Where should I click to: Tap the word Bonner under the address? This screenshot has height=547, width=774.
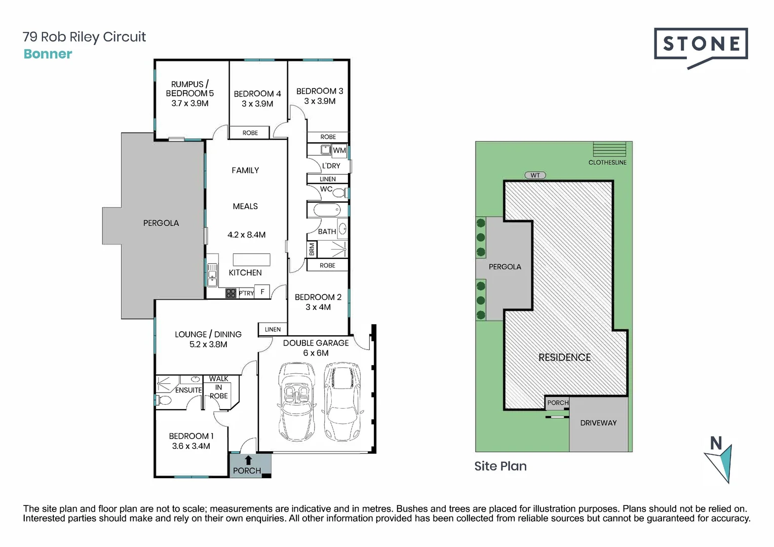(48, 54)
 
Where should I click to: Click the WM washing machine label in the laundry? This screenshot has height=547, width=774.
(339, 150)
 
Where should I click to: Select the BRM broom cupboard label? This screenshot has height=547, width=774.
(312, 249)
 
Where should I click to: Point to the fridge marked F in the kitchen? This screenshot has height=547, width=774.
(262, 292)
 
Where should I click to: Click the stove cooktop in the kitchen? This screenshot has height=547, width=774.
(231, 293)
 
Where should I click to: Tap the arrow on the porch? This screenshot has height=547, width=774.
(248, 460)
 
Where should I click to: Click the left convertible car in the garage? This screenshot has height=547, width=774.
(296, 402)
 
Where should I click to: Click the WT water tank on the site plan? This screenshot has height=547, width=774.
(535, 175)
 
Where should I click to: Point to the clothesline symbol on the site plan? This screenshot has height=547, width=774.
(609, 149)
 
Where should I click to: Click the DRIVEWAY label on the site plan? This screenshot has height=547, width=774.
(598, 423)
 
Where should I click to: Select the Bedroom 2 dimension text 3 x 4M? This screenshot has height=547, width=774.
(318, 307)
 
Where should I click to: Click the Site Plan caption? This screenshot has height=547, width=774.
(500, 466)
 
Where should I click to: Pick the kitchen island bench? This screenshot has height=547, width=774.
(251, 259)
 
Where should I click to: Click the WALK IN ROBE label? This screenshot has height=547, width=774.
(219, 387)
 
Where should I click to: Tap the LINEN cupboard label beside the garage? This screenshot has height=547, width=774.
(273, 329)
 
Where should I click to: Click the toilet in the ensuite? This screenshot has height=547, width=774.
(164, 400)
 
